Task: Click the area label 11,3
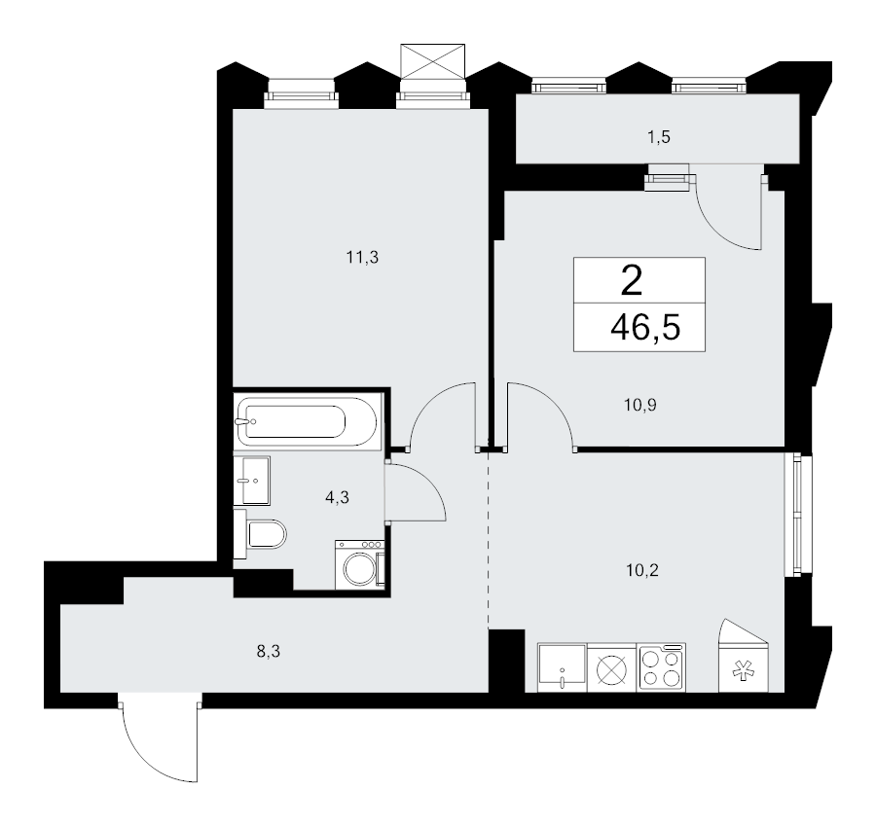363,258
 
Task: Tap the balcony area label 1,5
659,137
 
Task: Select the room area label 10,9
639,405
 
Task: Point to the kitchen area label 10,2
642,570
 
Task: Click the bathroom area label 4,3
338,496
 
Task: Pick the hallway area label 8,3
269,651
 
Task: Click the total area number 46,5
645,327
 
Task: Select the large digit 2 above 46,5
632,281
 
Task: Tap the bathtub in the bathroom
308,420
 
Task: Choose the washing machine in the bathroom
360,564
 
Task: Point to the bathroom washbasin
252,481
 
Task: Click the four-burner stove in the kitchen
662,667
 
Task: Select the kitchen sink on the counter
563,667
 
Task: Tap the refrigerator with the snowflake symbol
744,655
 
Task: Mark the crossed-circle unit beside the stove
612,668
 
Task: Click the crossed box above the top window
433,61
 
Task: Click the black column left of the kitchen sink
507,661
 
